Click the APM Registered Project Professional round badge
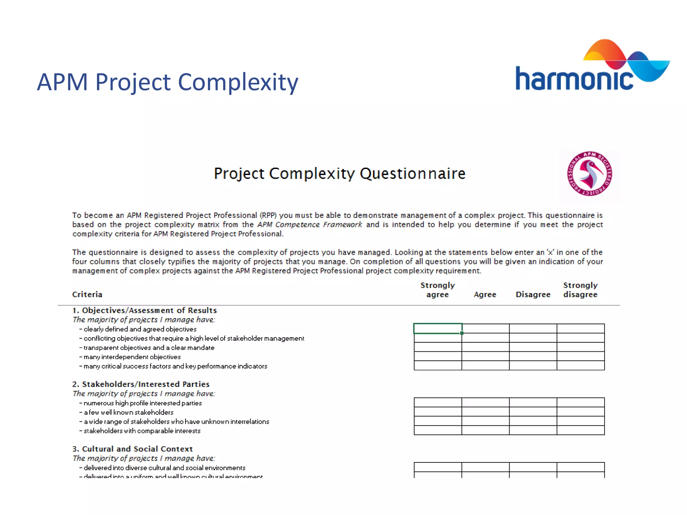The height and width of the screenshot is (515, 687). tap(589, 174)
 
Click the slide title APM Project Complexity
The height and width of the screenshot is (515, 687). tap(167, 82)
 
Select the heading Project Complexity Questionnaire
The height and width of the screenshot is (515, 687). tap(339, 174)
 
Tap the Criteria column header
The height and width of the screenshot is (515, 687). tap(87, 294)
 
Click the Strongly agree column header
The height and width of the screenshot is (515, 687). tap(437, 290)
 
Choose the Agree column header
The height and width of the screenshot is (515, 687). tap(485, 294)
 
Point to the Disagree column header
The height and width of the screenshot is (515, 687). tap(533, 294)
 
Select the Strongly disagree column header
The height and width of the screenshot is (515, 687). tap(580, 290)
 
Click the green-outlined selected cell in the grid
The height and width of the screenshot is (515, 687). tap(438, 329)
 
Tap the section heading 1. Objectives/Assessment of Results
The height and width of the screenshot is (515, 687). tap(145, 310)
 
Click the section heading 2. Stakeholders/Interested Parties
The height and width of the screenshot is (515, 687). tap(141, 384)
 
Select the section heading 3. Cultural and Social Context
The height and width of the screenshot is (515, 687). tap(133, 449)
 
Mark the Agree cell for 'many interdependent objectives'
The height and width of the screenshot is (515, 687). tap(485, 356)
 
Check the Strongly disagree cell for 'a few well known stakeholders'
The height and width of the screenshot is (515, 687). tap(581, 412)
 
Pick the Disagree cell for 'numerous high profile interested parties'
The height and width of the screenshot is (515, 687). tap(533, 402)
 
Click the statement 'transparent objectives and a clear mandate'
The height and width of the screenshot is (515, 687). tap(149, 348)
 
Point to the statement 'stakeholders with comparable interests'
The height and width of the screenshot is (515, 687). tap(142, 431)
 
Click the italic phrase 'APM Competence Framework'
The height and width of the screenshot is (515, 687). tap(310, 225)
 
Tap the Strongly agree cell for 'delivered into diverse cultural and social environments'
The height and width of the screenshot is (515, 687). tap(438, 467)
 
